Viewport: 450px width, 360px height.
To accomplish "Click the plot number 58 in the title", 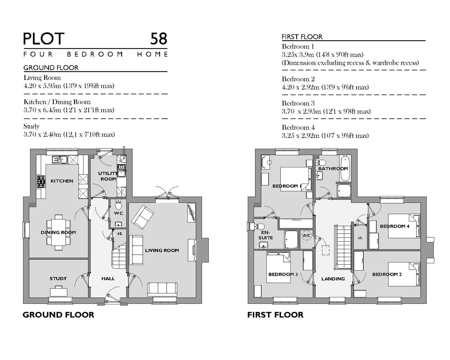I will click(x=158, y=39).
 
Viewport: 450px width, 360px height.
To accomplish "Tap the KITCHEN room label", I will click(x=62, y=181).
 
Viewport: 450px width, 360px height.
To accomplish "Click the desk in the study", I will click(x=58, y=292).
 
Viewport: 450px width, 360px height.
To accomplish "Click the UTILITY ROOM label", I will click(x=108, y=176).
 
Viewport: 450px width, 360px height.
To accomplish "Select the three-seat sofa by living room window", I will click(x=162, y=289).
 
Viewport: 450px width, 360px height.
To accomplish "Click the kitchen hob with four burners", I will click(x=41, y=182).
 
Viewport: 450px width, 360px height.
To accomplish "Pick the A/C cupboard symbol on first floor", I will click(x=306, y=236).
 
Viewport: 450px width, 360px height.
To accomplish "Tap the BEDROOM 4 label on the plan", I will click(x=394, y=226).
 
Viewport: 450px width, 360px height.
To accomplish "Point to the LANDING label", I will click(x=333, y=279).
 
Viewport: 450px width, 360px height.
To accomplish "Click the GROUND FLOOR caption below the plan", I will click(x=58, y=315).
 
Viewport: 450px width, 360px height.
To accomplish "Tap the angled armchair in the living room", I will click(x=142, y=215).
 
